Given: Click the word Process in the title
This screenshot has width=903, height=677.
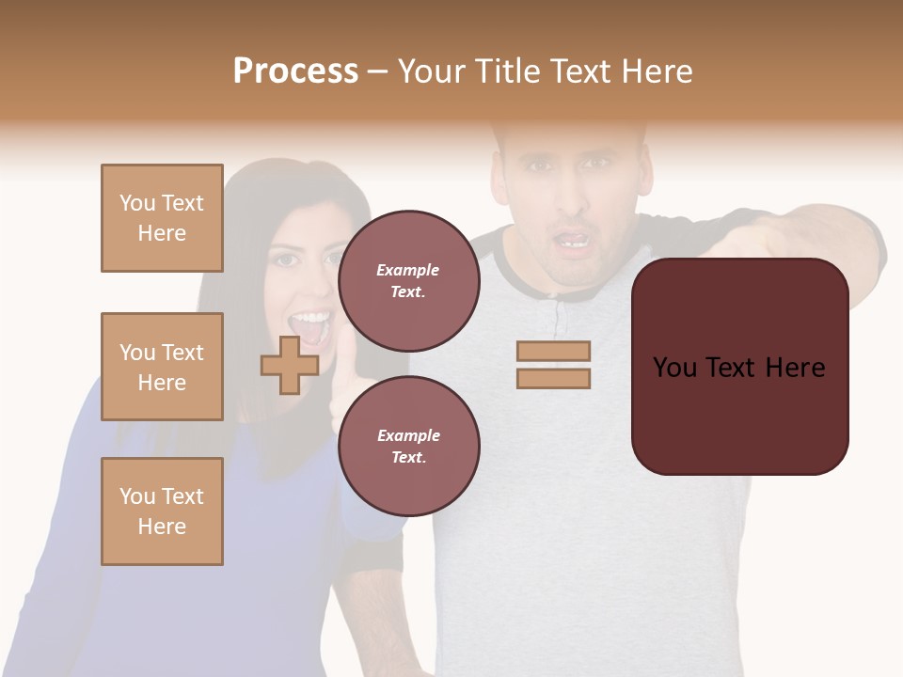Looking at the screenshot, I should click(295, 71).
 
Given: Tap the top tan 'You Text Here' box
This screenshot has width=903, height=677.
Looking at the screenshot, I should click(162, 218).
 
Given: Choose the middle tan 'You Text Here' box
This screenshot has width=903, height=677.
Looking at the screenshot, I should click(162, 367).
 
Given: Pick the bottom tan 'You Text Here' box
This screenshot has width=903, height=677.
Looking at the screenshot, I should click(162, 512).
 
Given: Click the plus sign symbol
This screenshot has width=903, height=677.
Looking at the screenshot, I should click(290, 365).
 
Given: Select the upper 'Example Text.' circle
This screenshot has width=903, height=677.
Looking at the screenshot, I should click(409, 280).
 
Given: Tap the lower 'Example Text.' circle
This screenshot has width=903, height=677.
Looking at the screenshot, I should click(409, 446).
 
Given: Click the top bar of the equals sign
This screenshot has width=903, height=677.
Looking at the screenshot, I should click(553, 351).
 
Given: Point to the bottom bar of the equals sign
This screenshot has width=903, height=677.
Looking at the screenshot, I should click(553, 378).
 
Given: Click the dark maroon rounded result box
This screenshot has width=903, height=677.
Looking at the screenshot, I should click(739, 414).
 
